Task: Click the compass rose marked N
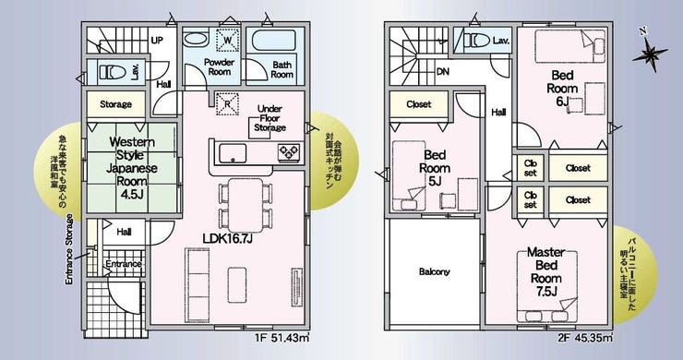pos(650,53)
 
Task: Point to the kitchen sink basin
pos(233,153)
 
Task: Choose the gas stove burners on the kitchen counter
pos(289,151)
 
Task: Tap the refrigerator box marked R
pos(227,103)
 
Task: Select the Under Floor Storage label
pos(270,117)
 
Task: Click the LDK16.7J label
pos(228,238)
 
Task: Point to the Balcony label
pos(435,271)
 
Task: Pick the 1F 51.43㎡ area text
pos(282,337)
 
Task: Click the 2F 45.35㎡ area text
pos(585,337)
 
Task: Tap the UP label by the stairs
pos(157,40)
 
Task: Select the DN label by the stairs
pos(442,71)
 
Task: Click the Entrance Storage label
pos(69,249)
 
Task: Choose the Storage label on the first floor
pos(115,104)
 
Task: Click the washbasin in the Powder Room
pos(196,38)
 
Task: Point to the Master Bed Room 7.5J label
pos(545,271)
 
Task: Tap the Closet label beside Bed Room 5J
pos(419,104)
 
